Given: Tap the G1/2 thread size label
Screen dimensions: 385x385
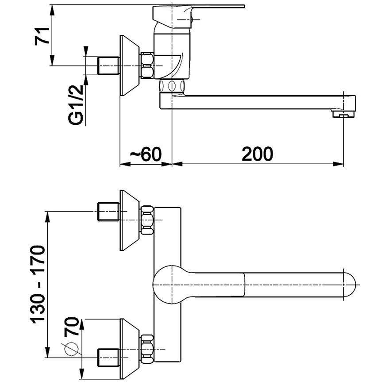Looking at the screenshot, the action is (x=76, y=104).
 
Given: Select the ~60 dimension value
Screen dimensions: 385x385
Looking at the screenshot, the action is (x=146, y=154).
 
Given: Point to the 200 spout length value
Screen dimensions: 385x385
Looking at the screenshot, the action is (x=257, y=154).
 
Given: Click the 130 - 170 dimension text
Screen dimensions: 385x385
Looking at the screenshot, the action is (x=38, y=283).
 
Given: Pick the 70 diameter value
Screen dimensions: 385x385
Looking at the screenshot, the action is (x=71, y=326).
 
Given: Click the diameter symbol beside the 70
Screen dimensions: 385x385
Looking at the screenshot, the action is (x=71, y=349).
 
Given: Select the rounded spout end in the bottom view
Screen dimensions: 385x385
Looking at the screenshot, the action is (x=349, y=285).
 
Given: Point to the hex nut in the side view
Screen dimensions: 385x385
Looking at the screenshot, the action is (x=147, y=66).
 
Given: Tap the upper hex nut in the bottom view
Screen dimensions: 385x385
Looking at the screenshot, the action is (x=147, y=220).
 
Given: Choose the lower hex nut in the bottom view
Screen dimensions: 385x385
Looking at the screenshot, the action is (x=147, y=349).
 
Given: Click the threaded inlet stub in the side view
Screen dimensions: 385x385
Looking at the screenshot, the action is (x=108, y=65).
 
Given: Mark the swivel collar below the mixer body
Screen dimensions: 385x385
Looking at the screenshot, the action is (x=172, y=86).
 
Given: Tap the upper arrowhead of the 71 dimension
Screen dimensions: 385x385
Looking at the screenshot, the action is (x=52, y=10).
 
